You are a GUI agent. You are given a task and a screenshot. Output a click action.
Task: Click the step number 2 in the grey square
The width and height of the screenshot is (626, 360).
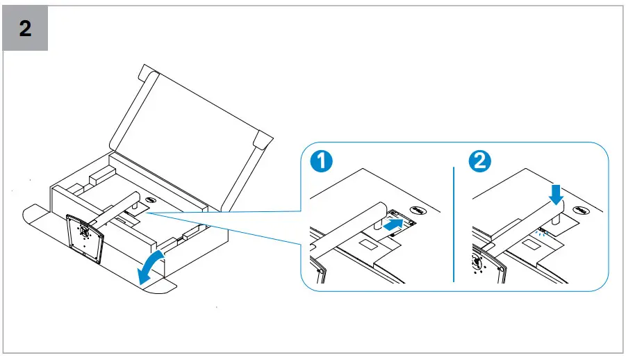pos(25,29)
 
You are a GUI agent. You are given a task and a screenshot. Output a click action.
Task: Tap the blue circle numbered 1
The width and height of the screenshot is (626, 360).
pos(321,161)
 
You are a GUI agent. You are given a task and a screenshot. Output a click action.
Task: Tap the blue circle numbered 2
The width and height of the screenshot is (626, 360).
pos(480,161)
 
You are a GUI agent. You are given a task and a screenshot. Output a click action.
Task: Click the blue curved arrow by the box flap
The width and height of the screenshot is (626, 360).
pos(151,268)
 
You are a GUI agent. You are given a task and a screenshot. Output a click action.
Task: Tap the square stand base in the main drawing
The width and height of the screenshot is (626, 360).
pos(85,236)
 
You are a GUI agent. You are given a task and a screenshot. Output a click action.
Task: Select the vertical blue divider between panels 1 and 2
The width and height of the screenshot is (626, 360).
pos(453,222)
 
